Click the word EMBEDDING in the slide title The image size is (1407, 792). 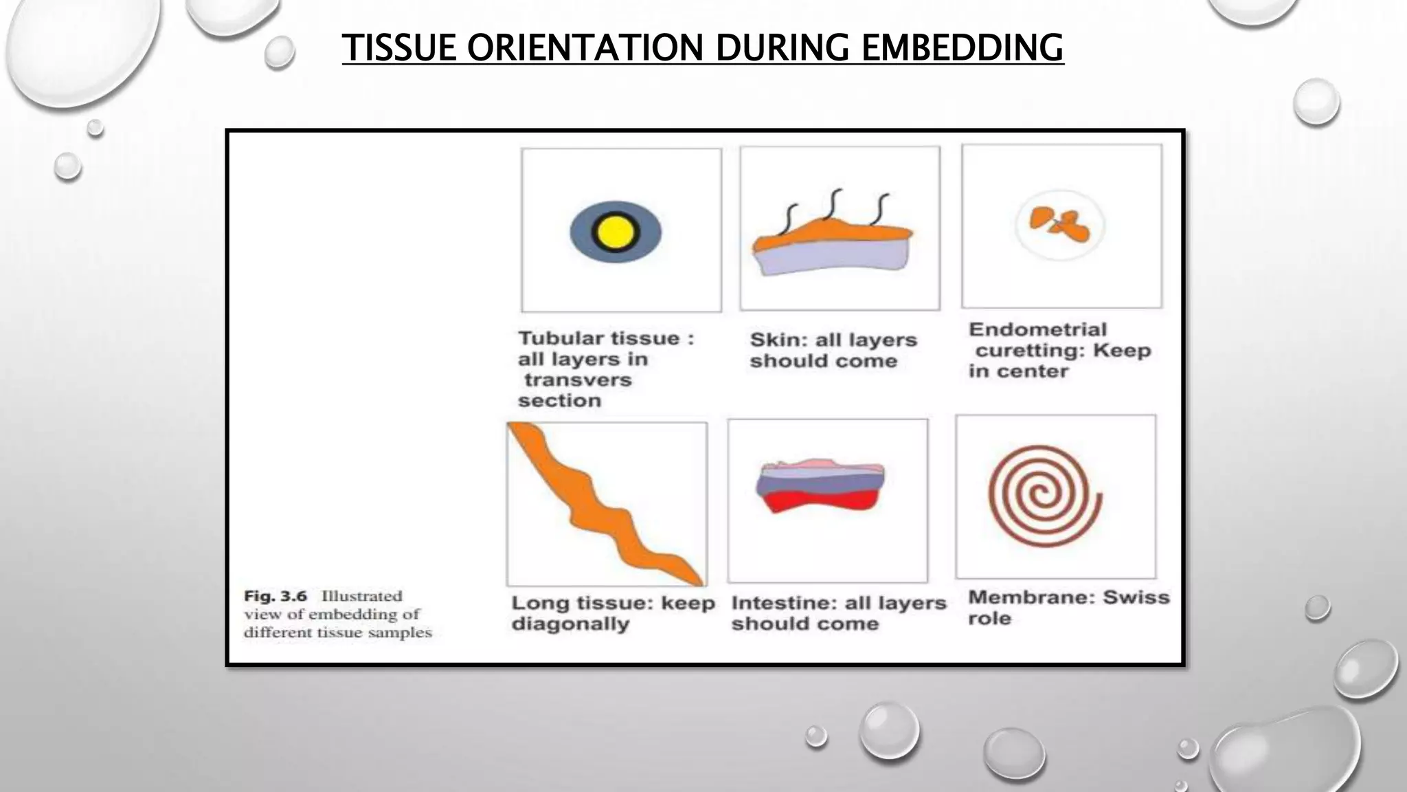962,47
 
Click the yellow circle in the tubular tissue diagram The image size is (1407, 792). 615,232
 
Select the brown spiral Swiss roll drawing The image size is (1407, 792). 1044,496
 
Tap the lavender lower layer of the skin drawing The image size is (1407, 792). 835,257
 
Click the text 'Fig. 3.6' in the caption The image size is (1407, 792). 275,596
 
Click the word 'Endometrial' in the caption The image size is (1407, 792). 1037,329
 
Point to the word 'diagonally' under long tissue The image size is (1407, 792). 570,624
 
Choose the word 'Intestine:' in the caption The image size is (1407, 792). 781,603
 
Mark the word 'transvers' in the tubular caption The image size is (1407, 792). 578,380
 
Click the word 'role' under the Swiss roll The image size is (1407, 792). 989,618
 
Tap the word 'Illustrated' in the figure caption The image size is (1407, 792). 362,596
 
